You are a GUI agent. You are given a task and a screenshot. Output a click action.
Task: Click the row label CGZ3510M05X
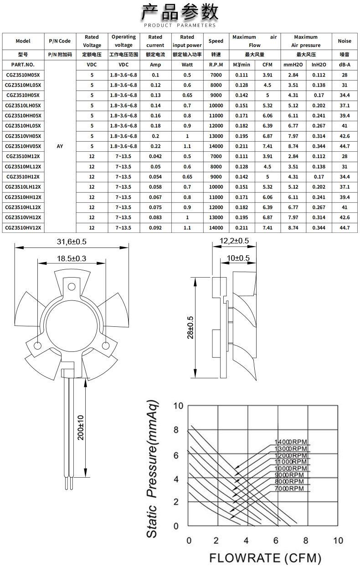(x=23, y=75)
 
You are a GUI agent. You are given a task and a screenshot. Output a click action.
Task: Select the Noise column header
(x=345, y=41)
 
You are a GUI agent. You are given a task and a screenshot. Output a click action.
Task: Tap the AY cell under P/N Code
(x=60, y=146)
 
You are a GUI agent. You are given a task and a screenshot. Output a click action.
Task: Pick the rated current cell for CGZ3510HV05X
(x=155, y=146)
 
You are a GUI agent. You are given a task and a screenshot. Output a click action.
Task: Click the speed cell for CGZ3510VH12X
(x=216, y=217)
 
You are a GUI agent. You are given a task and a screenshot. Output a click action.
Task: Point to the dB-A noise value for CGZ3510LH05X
(x=345, y=105)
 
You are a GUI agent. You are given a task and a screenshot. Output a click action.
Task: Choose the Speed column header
(x=216, y=41)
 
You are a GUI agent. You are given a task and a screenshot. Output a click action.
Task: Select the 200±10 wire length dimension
(x=80, y=428)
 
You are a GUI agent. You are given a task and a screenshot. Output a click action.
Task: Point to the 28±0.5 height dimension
(x=190, y=327)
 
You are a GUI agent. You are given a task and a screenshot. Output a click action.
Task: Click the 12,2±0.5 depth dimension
(x=234, y=241)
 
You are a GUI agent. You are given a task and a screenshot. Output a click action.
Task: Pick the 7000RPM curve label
(x=289, y=489)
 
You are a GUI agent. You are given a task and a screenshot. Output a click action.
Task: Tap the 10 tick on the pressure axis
(x=179, y=406)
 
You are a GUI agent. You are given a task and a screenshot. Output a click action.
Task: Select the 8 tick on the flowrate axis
(x=306, y=541)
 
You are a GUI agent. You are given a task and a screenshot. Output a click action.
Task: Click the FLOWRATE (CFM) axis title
(x=265, y=558)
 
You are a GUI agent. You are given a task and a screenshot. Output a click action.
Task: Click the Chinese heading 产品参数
(x=180, y=12)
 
